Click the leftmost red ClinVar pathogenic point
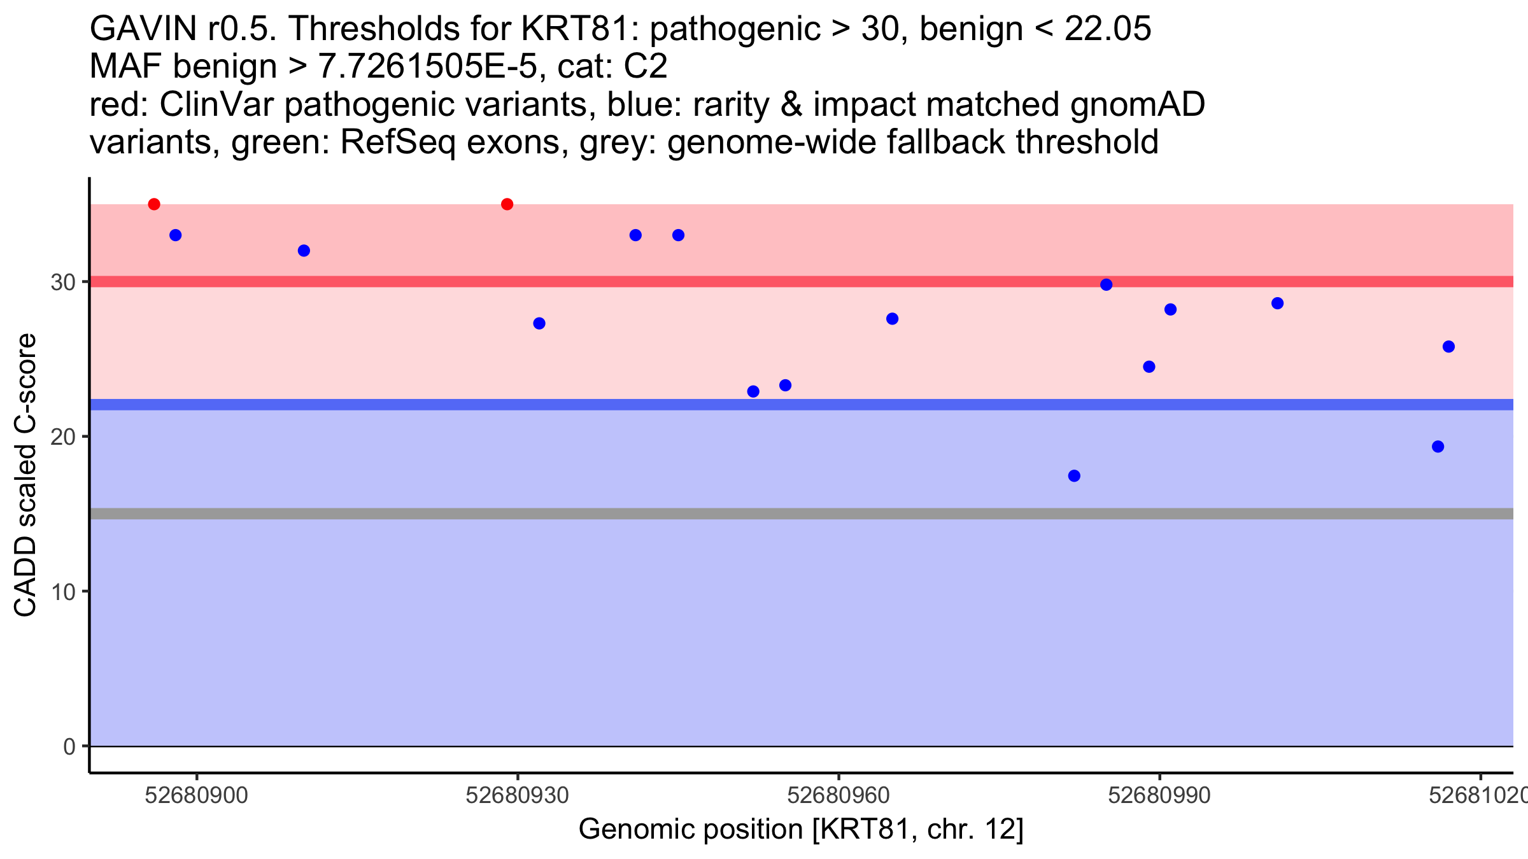154,204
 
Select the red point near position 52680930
507,204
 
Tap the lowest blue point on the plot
1074,476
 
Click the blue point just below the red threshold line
1107,284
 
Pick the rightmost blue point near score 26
1448,347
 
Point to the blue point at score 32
304,251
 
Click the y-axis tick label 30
63,282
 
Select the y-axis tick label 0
69,746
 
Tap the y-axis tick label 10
63,592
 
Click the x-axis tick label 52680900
196,795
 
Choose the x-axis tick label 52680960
838,795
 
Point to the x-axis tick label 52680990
1159,795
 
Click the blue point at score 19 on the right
1438,447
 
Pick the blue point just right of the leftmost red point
176,235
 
